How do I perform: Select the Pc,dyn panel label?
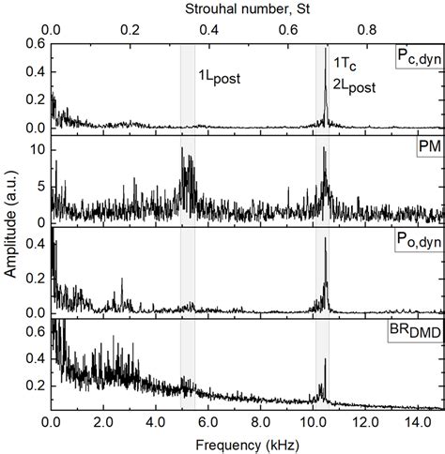(416, 59)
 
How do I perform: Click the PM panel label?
(426, 149)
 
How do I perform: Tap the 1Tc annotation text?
(345, 62)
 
